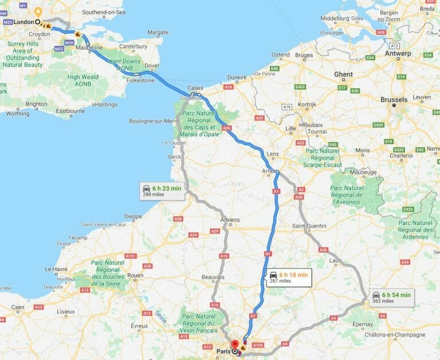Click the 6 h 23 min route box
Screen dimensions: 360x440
(x=163, y=191)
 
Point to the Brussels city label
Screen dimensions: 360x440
(x=394, y=100)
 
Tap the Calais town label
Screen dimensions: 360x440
(x=195, y=88)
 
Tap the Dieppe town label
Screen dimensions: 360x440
(x=133, y=216)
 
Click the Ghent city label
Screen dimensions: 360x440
(x=343, y=74)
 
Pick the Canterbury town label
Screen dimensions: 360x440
(x=133, y=46)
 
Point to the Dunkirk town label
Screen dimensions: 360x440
(x=237, y=77)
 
